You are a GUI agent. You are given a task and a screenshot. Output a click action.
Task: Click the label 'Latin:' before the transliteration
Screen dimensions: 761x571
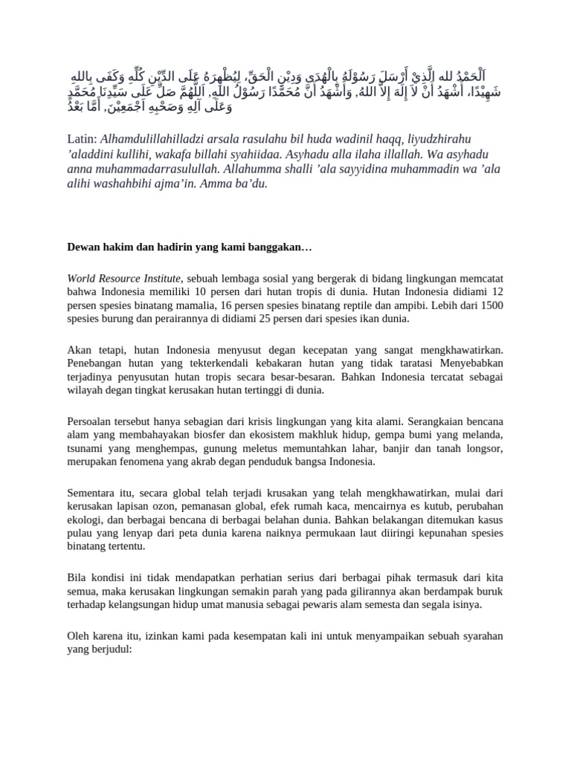(x=82, y=140)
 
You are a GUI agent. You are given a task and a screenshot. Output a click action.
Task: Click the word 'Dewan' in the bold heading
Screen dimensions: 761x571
(x=84, y=247)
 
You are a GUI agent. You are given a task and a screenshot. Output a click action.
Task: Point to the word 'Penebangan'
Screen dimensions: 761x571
(x=97, y=363)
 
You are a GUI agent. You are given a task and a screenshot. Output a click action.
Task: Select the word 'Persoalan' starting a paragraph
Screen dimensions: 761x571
(x=91, y=421)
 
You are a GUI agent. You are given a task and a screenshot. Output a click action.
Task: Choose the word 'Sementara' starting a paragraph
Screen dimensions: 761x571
(x=94, y=492)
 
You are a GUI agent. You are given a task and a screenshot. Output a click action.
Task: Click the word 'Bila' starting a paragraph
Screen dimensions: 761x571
(x=77, y=577)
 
